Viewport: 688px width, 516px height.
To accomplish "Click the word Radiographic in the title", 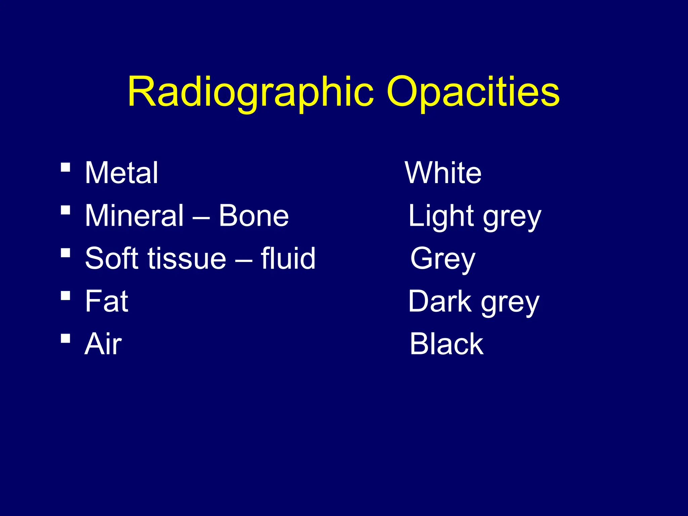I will coord(250,92).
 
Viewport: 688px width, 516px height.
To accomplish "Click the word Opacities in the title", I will coord(473,92).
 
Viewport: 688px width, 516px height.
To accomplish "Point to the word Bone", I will coord(254,216).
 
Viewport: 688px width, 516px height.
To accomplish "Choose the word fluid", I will coord(288,258).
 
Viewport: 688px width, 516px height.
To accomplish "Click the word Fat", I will coord(106,301).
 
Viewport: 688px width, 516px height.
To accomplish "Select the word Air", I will coord(103,344).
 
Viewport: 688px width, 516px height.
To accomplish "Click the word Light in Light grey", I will coord(441,216).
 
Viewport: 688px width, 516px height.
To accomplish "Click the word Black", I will coord(446,344).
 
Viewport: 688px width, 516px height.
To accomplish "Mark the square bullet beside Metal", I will coord(66,167).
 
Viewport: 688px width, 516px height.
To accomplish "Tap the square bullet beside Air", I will coord(66,338).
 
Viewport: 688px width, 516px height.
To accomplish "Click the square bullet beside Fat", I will coord(66,296).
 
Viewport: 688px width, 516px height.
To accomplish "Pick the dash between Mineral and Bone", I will coord(202,218).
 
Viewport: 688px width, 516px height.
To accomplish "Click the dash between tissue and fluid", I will coord(244,260).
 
